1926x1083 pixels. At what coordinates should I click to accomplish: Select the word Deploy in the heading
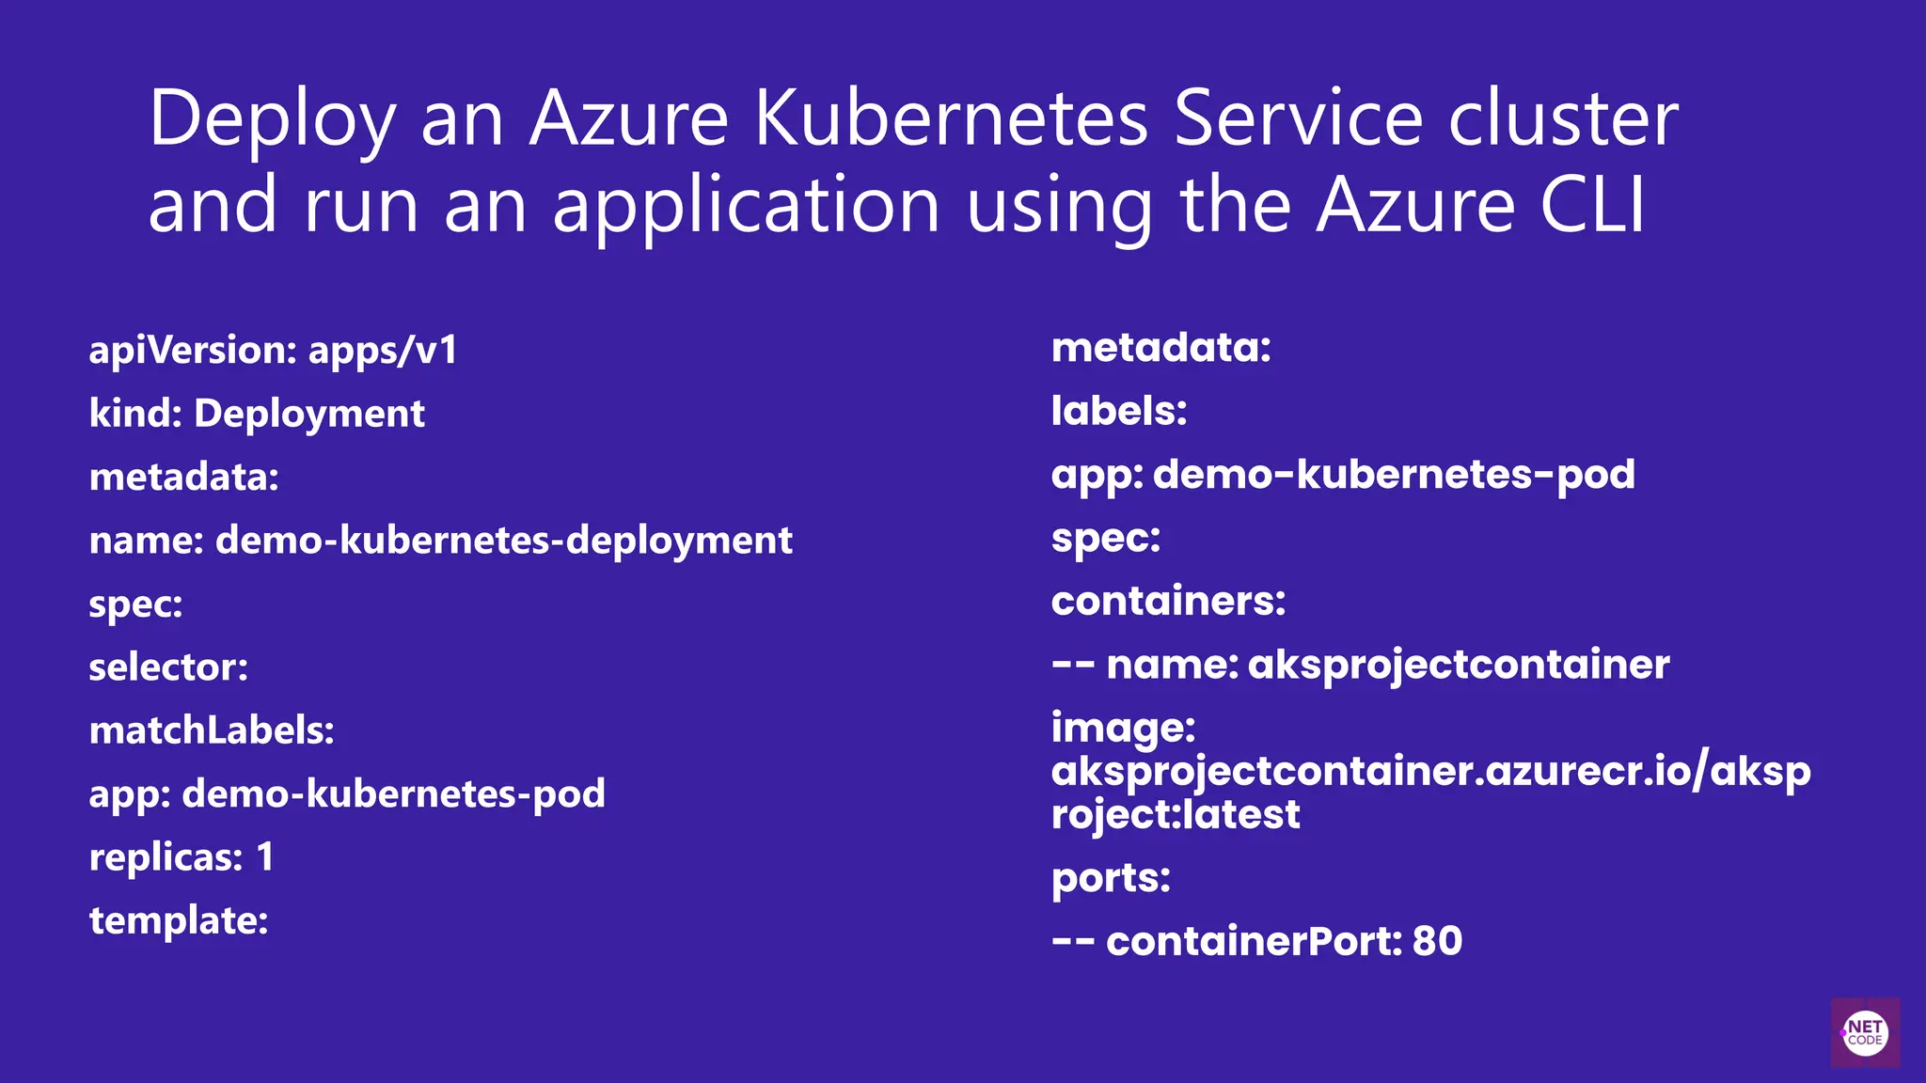pyautogui.click(x=272, y=120)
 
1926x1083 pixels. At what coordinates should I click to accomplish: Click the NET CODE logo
pyautogui.click(x=1865, y=1032)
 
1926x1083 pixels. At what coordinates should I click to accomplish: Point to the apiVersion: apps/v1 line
pyautogui.click(x=273, y=351)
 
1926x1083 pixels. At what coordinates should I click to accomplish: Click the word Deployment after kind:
pyautogui.click(x=309, y=414)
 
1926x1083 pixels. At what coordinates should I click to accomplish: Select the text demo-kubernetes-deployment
pyautogui.click(x=504, y=541)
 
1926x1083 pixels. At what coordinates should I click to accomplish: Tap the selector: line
pyautogui.click(x=168, y=667)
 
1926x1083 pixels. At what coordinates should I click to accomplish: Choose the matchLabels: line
pyautogui.click(x=212, y=730)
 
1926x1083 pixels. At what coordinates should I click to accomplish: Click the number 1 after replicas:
pyautogui.click(x=265, y=857)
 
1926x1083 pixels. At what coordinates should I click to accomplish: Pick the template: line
pyautogui.click(x=179, y=920)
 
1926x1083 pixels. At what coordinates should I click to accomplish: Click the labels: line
pyautogui.click(x=1119, y=411)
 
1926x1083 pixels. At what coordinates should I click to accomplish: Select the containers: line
pyautogui.click(x=1168, y=601)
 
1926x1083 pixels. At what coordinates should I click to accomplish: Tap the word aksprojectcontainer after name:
pyautogui.click(x=1459, y=665)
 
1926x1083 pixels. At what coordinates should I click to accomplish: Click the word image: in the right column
pyautogui.click(x=1123, y=728)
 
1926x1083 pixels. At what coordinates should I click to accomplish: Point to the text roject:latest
pyautogui.click(x=1176, y=814)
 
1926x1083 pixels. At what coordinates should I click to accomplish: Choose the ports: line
pyautogui.click(x=1111, y=878)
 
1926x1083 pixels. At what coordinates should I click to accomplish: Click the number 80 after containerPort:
pyautogui.click(x=1437, y=941)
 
